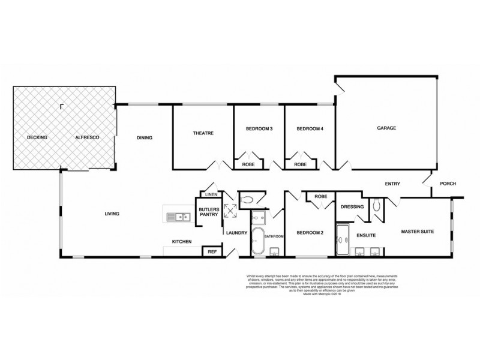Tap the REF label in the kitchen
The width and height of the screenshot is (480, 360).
(x=212, y=252)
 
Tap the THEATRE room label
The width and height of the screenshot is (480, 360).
(x=203, y=133)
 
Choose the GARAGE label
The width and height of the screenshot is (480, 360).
(x=387, y=128)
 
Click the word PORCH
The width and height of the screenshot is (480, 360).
(x=448, y=184)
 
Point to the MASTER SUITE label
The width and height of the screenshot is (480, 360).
(x=418, y=232)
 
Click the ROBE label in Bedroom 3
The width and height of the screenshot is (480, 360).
(x=248, y=164)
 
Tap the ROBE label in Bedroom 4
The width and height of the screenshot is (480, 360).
(x=301, y=164)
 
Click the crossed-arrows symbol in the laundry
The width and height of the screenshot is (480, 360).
(x=230, y=210)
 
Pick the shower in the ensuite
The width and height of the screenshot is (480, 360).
(x=343, y=236)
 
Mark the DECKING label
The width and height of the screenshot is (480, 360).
(x=37, y=138)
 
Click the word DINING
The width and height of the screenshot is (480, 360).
(x=145, y=138)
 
